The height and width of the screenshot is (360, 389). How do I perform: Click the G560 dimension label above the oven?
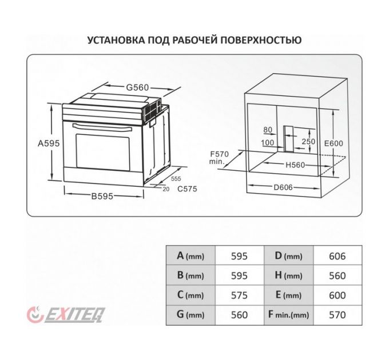[137, 87]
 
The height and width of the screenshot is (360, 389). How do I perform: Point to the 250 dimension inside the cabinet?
[309, 141]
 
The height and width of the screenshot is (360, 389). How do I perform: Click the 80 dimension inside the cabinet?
[268, 130]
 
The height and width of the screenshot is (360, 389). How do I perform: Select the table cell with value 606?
[338, 257]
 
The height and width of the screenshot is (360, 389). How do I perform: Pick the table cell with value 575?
[239, 295]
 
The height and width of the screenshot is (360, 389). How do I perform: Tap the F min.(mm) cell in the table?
[288, 315]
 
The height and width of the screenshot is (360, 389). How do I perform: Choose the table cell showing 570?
[338, 315]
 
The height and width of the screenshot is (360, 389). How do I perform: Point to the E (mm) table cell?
[288, 295]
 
